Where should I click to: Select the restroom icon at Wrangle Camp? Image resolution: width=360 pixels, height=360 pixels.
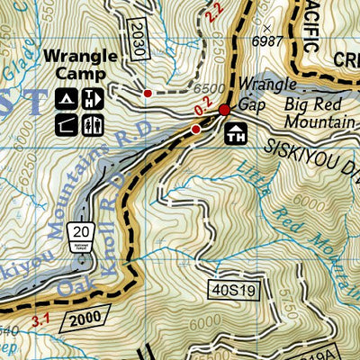pyautogui.click(x=91, y=98)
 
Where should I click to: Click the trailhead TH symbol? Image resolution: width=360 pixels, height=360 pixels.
pyautogui.click(x=236, y=135)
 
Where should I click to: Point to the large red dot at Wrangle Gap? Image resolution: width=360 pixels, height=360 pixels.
pyautogui.click(x=224, y=111)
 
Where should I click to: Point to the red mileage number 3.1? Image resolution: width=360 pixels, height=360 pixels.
pyautogui.click(x=40, y=318)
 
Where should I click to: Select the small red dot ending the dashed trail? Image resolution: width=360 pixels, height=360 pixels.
pyautogui.click(x=148, y=92)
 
